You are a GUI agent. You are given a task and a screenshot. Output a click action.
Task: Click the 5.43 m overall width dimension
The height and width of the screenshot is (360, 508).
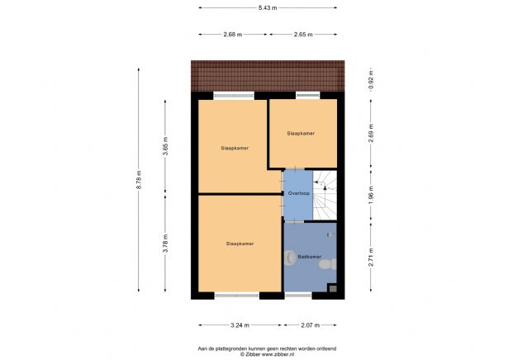click(x=268, y=7)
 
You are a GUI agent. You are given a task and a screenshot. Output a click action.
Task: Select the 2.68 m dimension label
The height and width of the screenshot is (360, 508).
click(x=233, y=35)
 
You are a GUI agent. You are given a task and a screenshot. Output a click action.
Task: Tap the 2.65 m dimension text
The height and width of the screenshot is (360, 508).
click(x=303, y=35)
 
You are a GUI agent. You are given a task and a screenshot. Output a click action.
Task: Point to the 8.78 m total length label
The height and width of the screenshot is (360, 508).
click(x=139, y=180)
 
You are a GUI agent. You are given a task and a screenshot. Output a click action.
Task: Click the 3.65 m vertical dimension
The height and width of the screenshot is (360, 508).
click(x=165, y=146)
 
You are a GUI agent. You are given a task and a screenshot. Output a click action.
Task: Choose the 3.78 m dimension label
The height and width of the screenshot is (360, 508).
click(x=165, y=244)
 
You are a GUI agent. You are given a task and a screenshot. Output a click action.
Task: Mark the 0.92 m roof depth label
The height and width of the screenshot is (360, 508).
click(x=371, y=79)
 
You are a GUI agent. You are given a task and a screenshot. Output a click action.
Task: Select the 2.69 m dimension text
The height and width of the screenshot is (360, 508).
click(x=371, y=133)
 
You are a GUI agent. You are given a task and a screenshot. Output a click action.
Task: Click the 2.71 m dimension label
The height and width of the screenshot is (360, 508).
click(x=371, y=257)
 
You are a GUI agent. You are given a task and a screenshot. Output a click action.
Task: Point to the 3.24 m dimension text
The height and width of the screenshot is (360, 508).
click(x=240, y=325)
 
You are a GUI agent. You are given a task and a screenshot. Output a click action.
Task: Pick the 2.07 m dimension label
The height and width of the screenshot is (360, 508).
click(x=311, y=325)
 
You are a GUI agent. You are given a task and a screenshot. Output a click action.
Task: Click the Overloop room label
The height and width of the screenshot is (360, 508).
click(x=299, y=193)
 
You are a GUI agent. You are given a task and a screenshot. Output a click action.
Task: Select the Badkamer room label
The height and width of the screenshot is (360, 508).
click(x=310, y=257)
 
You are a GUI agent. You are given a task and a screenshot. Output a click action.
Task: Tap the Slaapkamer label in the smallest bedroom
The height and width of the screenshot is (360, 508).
click(x=301, y=133)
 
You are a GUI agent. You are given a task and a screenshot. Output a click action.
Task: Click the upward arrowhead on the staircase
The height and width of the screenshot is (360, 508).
click(x=325, y=187)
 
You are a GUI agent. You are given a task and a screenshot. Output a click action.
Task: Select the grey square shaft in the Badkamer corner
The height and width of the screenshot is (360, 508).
click(x=333, y=288)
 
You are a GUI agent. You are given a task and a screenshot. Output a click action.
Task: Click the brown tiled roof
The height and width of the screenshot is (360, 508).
click(x=268, y=76)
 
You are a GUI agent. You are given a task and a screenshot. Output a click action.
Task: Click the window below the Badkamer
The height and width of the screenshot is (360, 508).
click(x=298, y=296)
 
